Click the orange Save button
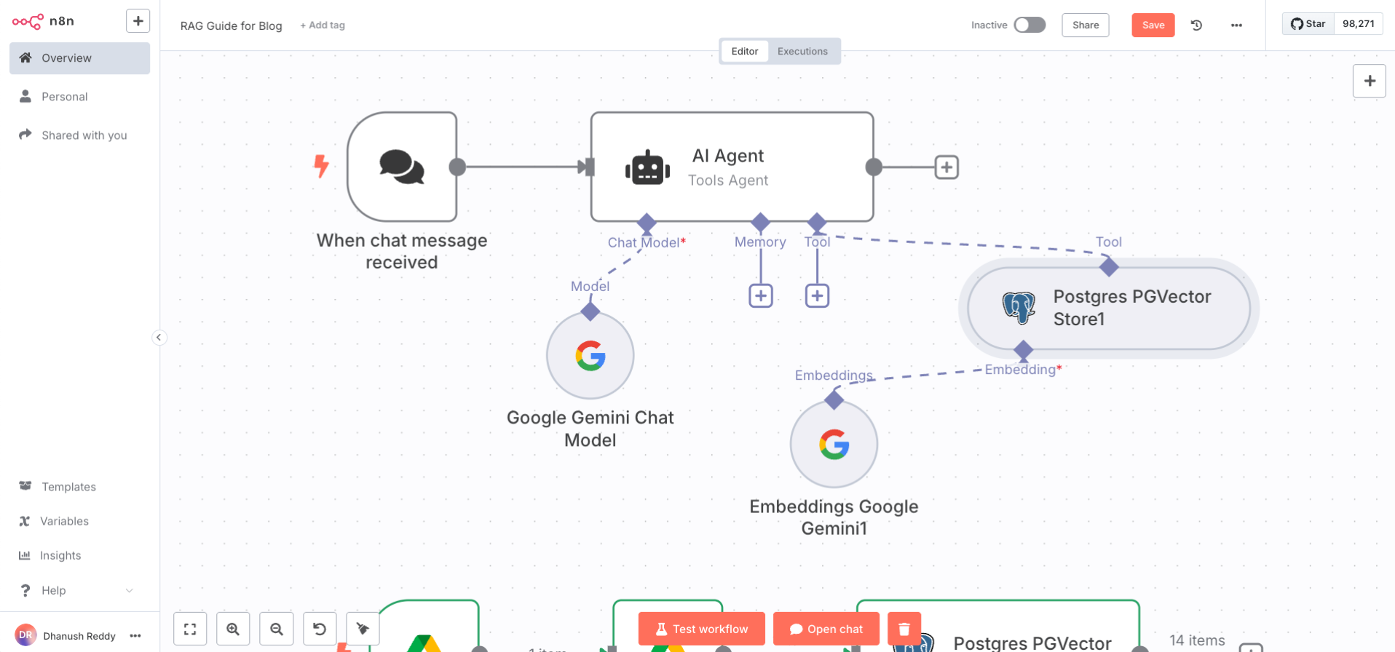1153,25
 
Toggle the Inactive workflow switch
1030,25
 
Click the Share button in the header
1085,25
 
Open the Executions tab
802,51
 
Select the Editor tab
744,51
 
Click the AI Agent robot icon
647,168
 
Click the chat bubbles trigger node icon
402,167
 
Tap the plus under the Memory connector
761,295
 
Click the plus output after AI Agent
946,167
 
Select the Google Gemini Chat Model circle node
590,356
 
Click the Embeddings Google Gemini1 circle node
834,445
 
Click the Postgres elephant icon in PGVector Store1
1019,308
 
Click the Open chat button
826,629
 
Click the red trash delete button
904,629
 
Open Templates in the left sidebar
68,487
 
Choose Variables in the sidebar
64,521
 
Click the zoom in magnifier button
233,629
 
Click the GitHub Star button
1308,24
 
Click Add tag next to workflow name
323,25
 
